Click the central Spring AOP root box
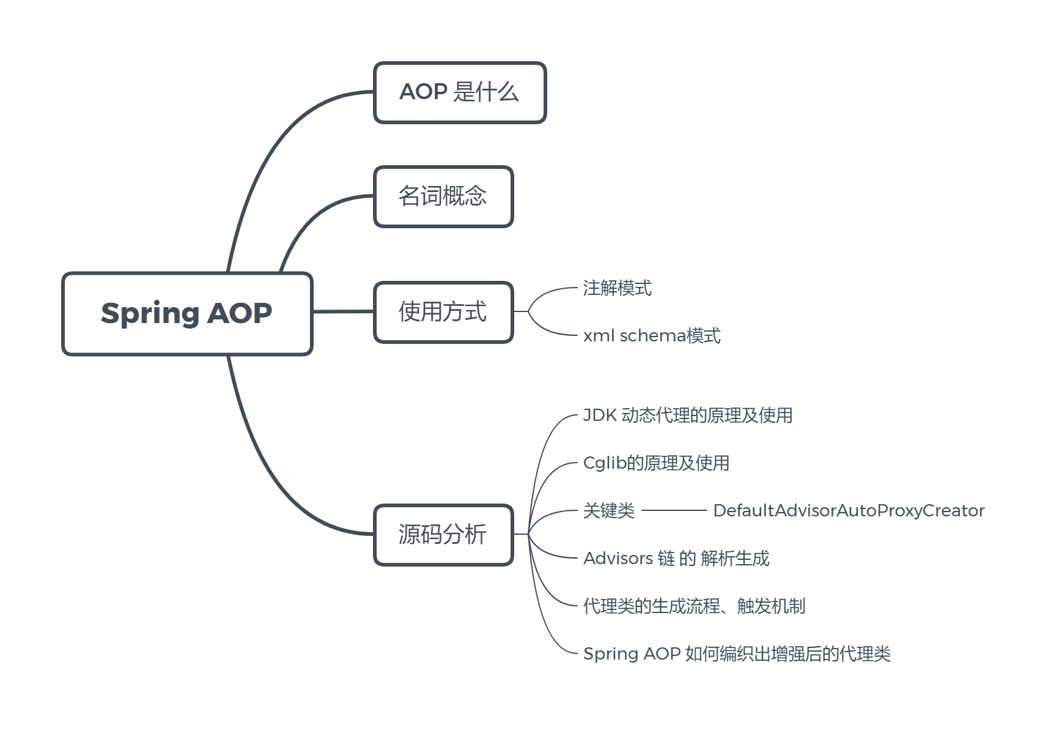click(187, 313)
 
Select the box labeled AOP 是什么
click(459, 92)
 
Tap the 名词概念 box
click(443, 196)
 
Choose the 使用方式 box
click(443, 312)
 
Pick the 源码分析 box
click(443, 535)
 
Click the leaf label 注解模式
click(617, 288)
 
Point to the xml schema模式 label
click(652, 336)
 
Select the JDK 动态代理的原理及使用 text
click(687, 415)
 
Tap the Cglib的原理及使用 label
click(656, 463)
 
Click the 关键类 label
click(609, 511)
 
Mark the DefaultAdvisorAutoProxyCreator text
click(849, 511)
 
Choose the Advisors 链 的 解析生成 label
click(676, 559)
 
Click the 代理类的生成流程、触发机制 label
click(694, 606)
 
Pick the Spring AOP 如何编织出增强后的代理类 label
click(737, 654)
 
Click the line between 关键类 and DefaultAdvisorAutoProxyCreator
click(674, 510)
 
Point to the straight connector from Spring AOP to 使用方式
click(343, 311)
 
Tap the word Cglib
click(605, 463)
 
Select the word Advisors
click(618, 559)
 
